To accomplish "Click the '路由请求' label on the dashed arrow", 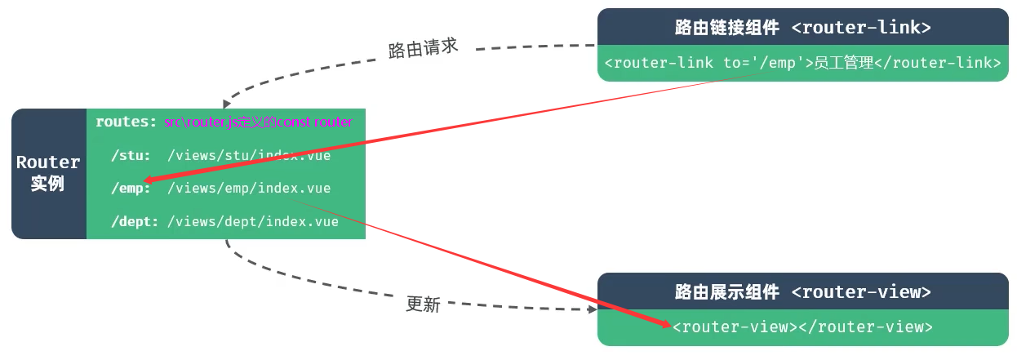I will click(x=423, y=48).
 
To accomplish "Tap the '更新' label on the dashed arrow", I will click(x=423, y=304).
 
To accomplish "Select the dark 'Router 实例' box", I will click(x=49, y=173).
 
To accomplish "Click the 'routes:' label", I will click(x=126, y=122).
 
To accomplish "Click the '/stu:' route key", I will click(x=131, y=155).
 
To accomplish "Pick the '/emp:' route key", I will click(x=131, y=189).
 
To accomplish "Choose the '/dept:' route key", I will click(x=135, y=221).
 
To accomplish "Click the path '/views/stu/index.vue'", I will click(x=249, y=155).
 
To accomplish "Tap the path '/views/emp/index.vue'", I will click(x=249, y=189).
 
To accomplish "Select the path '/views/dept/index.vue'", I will click(x=253, y=221).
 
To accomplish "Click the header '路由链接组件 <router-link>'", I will click(x=802, y=27).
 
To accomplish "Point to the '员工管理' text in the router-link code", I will click(x=844, y=63).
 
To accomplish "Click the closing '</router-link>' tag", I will click(x=938, y=63).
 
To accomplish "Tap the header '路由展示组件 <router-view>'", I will click(x=802, y=291).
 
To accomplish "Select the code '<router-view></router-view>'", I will click(x=802, y=327).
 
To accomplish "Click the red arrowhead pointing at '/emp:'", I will click(x=147, y=180).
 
